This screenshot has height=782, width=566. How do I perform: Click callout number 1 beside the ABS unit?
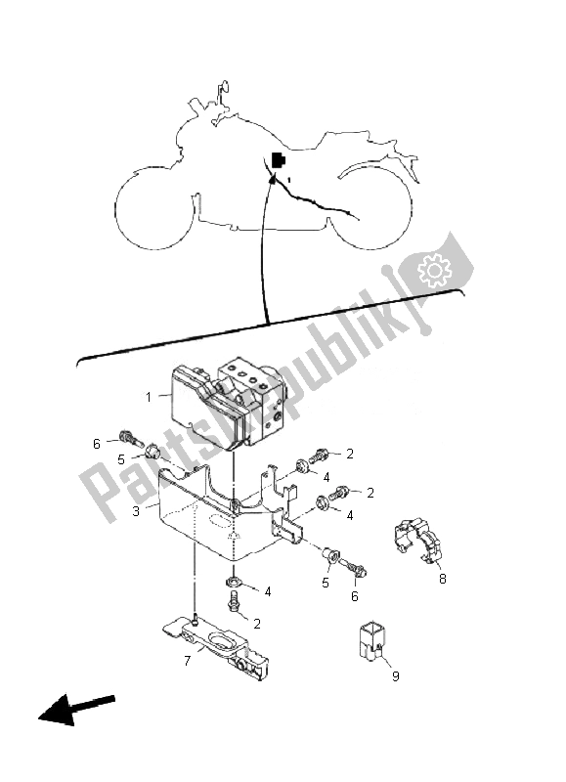click(x=149, y=398)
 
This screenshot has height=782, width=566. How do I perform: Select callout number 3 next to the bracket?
click(x=136, y=511)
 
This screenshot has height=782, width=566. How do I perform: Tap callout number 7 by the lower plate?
click(x=187, y=661)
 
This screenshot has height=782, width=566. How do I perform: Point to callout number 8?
click(x=442, y=579)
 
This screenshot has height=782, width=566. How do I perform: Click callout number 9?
click(x=396, y=676)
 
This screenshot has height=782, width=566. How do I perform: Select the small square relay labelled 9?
click(x=372, y=642)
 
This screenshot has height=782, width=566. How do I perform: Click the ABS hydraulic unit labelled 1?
click(x=224, y=402)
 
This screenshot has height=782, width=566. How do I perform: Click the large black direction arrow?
click(x=76, y=707)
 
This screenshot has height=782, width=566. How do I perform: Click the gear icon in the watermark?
click(x=434, y=270)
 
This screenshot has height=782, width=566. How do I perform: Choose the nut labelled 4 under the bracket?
click(x=233, y=581)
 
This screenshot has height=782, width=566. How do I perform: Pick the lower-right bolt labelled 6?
click(x=355, y=568)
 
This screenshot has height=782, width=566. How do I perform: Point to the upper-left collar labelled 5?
click(x=152, y=453)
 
